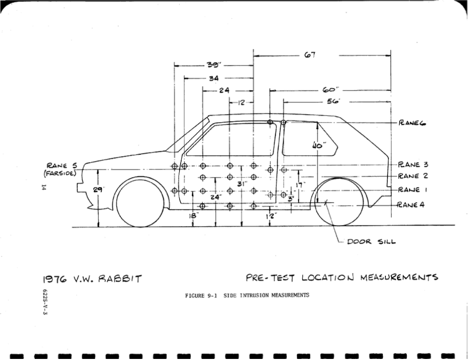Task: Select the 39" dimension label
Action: pyautogui.click(x=214, y=65)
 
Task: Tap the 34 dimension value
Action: pyautogui.click(x=214, y=78)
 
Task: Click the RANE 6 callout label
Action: pyautogui.click(x=412, y=122)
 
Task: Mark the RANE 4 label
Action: pyautogui.click(x=411, y=205)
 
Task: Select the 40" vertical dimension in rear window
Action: pyautogui.click(x=318, y=145)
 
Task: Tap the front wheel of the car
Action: pyautogui.click(x=140, y=203)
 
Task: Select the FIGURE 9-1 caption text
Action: pyautogui.click(x=247, y=295)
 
